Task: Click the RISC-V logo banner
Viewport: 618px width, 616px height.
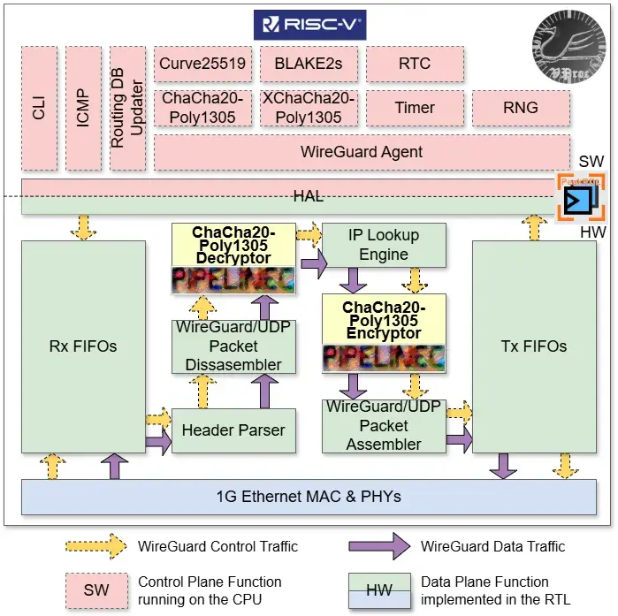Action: click(309, 24)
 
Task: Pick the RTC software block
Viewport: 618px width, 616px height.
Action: click(415, 65)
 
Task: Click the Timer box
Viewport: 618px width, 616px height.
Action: click(415, 108)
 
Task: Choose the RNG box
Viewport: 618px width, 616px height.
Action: click(519, 108)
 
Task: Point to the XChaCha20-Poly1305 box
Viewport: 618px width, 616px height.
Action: click(309, 108)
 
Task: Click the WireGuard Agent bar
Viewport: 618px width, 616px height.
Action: click(362, 152)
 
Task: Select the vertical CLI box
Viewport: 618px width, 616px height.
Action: click(39, 108)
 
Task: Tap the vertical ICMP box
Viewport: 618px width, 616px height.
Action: click(83, 108)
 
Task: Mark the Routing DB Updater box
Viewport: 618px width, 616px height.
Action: click(127, 108)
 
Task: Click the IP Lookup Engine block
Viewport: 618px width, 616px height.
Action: click(384, 245)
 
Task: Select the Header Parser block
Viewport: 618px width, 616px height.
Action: click(233, 430)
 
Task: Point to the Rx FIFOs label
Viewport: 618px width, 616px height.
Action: click(83, 346)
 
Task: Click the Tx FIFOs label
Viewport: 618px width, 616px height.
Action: click(534, 346)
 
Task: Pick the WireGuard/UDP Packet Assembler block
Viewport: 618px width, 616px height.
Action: click(384, 426)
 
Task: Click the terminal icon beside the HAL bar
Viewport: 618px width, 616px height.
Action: click(581, 196)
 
